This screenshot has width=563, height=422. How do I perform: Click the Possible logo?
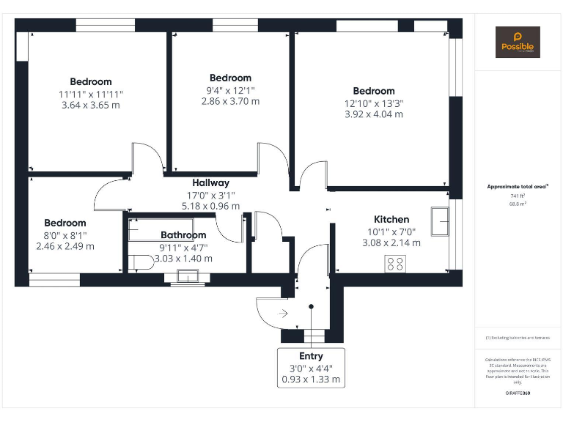point(518,42)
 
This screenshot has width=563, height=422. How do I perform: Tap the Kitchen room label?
point(391,219)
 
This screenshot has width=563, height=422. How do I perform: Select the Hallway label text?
point(210,182)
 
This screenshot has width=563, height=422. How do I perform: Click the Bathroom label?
point(183,235)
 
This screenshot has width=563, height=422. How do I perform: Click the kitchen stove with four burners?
point(396,263)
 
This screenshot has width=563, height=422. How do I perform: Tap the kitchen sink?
point(441,222)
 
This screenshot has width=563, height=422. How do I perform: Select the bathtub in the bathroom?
point(147,229)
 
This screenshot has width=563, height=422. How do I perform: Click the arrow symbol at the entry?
point(284,314)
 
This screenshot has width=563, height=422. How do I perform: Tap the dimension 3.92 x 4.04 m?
point(373,114)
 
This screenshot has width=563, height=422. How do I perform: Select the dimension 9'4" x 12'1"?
point(230,90)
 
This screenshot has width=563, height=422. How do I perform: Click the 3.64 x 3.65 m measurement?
point(90,105)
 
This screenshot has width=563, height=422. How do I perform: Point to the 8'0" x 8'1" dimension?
point(65,235)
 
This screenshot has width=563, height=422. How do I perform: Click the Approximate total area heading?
point(518,187)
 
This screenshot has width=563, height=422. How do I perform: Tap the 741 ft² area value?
point(518,196)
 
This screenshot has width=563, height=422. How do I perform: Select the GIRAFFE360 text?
point(518,393)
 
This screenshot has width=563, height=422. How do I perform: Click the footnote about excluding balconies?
point(518,338)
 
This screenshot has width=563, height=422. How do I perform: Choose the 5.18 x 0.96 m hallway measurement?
point(210,207)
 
